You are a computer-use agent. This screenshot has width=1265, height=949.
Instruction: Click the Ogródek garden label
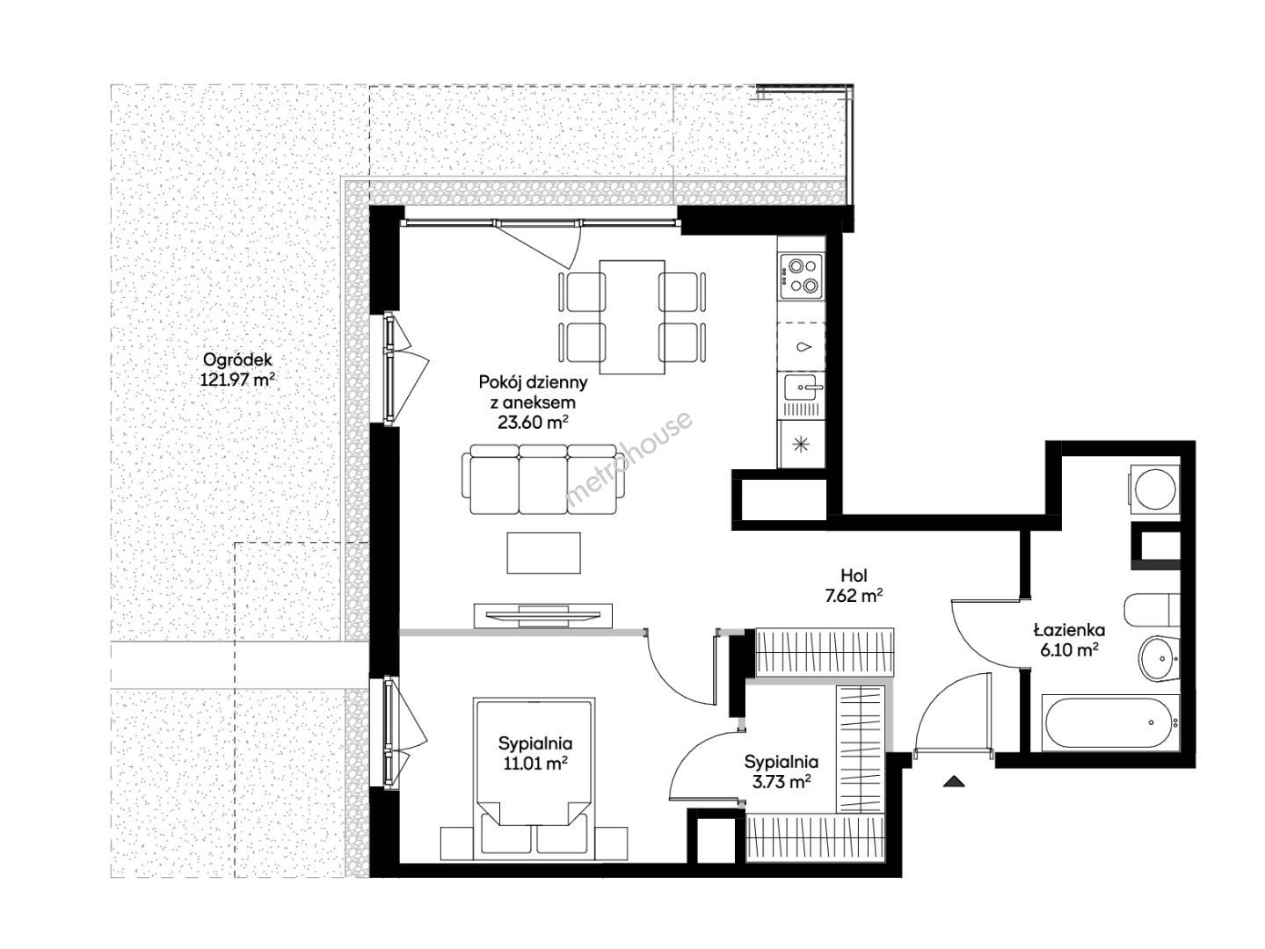point(237,360)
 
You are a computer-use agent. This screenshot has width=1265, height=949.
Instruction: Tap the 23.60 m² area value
point(533,422)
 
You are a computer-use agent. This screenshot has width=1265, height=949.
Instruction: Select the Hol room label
point(854,576)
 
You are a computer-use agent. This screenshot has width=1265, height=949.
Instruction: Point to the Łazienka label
point(1069,630)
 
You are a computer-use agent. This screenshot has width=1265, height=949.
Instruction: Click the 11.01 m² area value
point(534,764)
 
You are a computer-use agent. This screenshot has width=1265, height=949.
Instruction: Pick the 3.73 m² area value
point(781,782)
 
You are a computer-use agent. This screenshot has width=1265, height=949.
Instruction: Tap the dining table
point(632,316)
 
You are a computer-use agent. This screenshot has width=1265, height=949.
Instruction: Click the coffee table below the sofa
point(543,553)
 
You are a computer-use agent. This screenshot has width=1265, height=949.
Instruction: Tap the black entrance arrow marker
point(955,781)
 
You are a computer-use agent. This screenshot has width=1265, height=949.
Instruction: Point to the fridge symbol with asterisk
point(801,444)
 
